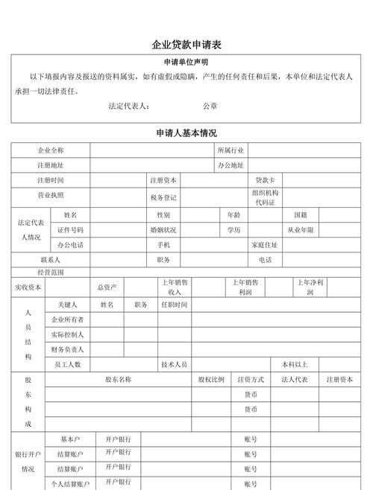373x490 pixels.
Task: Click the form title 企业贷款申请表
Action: tap(186, 45)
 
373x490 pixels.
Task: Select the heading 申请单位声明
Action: tap(186, 62)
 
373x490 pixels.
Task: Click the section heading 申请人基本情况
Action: tap(186, 133)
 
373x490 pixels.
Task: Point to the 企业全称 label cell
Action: tap(51, 150)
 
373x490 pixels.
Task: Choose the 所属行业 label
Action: tap(231, 150)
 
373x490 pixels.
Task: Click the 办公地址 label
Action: tap(231, 165)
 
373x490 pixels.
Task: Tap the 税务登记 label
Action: tap(163, 197)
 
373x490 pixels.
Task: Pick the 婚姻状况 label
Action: tap(163, 230)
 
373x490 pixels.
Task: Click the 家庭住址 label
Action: tap(265, 245)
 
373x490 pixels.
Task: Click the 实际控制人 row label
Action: tap(67, 334)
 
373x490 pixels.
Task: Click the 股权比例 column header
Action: tap(211, 379)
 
